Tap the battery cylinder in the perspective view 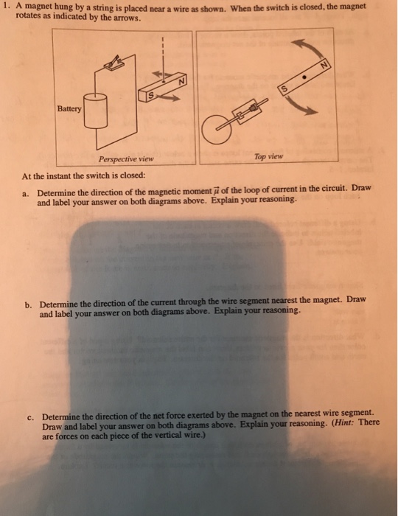click(x=98, y=114)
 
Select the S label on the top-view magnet click(x=282, y=89)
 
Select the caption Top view click(x=268, y=157)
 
